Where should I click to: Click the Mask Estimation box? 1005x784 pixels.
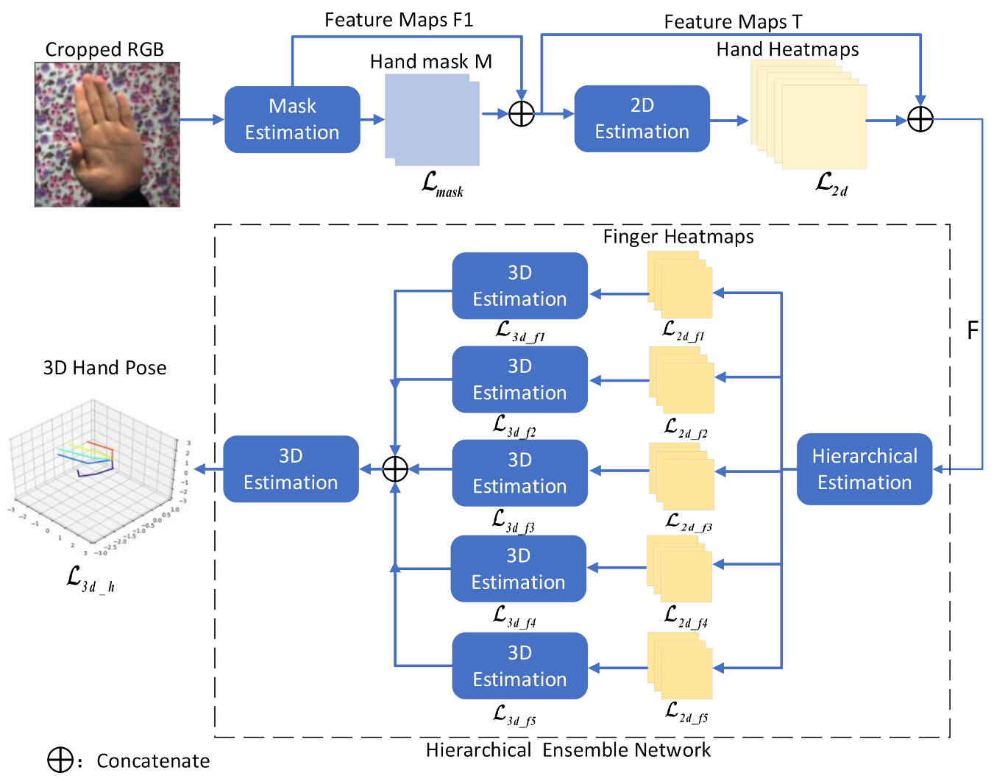click(292, 119)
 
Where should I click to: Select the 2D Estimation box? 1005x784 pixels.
click(642, 118)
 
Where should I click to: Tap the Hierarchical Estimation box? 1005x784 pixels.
click(864, 469)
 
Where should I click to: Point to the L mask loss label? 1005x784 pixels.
click(442, 184)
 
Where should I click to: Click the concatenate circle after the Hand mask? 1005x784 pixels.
click(522, 114)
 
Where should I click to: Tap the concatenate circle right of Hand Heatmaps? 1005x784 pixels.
click(920, 119)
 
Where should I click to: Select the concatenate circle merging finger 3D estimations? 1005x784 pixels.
click(395, 469)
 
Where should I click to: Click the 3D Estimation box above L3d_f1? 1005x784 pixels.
click(519, 286)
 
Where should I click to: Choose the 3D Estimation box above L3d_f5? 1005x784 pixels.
click(519, 666)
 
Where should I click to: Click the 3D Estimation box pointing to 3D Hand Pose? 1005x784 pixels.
click(291, 469)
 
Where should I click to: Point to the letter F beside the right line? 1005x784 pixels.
click(973, 331)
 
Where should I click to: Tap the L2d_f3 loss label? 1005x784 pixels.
click(689, 523)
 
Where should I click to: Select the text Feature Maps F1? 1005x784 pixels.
click(399, 20)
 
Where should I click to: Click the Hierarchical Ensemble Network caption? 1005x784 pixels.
click(568, 750)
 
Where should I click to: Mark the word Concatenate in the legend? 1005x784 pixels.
click(153, 761)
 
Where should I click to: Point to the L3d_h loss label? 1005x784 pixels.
click(90, 579)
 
